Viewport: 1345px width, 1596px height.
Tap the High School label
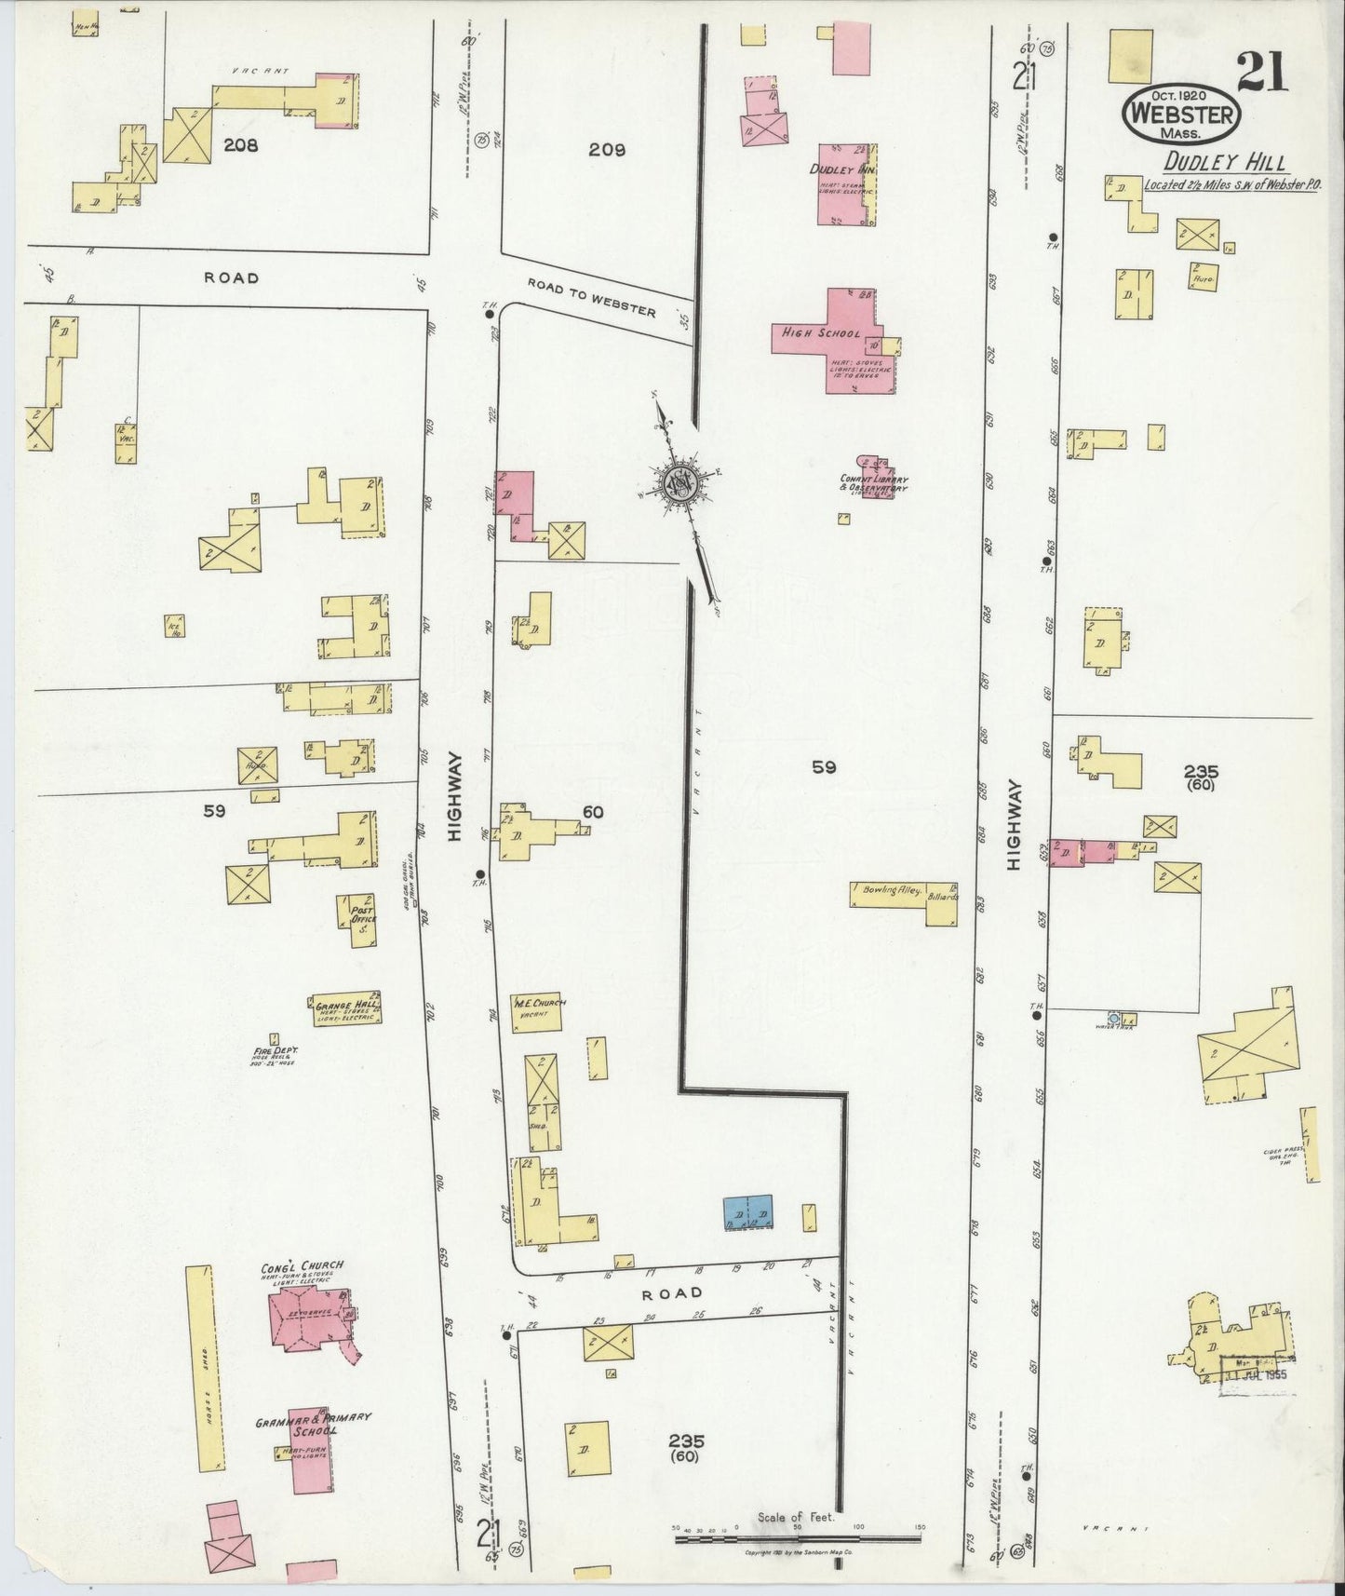pos(820,332)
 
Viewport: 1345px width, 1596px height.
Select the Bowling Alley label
pos(891,890)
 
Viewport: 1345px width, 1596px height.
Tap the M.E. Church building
pos(538,1015)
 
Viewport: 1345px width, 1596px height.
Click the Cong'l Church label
pos(302,1265)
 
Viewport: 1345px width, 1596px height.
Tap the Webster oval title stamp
pos(1182,115)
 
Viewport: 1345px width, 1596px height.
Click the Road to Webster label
pos(591,298)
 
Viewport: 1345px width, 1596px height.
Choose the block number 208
pos(240,145)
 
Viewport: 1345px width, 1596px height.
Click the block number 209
pos(607,149)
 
